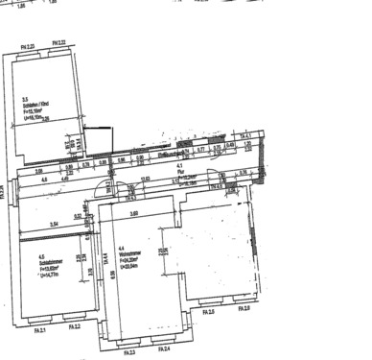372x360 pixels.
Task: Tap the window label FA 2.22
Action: click(59, 44)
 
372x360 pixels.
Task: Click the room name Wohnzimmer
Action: click(132, 253)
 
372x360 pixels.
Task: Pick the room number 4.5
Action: click(41, 256)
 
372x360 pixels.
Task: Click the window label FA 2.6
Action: click(243, 307)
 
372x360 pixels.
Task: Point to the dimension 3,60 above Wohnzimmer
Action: click(135, 213)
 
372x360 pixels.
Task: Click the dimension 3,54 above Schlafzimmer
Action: click(54, 224)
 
